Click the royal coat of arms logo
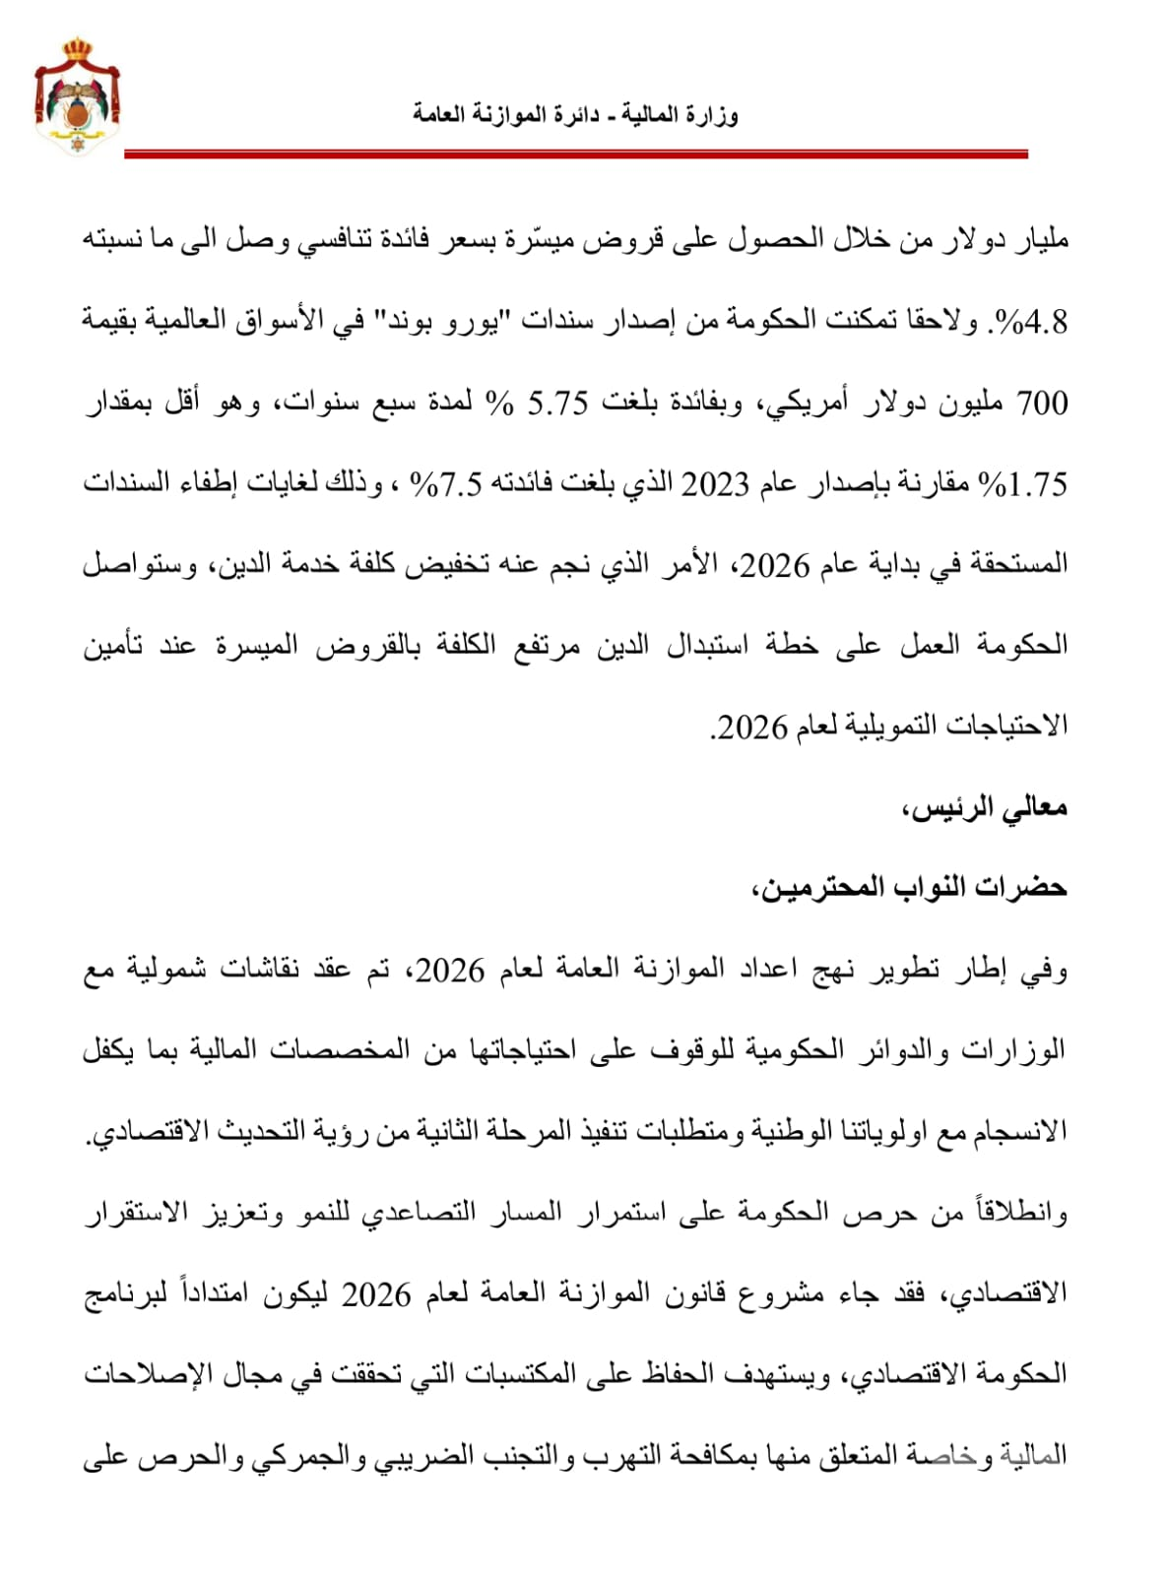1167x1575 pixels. coord(77,95)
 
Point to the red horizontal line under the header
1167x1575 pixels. coord(576,155)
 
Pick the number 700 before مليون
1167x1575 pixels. coord(1041,403)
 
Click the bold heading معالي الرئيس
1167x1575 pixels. coord(985,808)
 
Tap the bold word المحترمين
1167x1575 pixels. coord(807,888)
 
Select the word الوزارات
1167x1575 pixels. coord(1015,1050)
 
